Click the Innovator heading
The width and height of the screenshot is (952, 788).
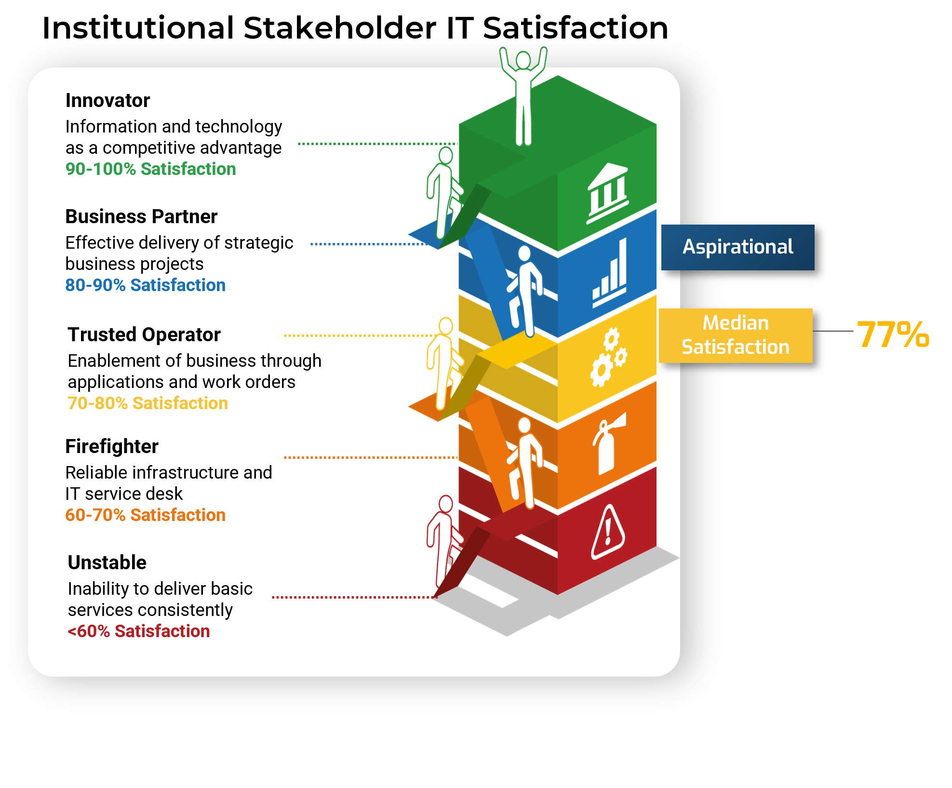point(107,101)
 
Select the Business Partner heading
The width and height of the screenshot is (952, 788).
point(141,217)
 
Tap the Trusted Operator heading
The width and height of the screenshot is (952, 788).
point(144,334)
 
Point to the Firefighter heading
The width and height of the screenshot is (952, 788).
point(112,446)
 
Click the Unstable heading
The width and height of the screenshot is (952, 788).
point(107,562)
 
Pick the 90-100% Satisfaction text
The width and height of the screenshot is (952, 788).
point(150,169)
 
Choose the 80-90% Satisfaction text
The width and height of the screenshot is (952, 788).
point(145,285)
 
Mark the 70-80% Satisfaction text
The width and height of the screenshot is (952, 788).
point(147,403)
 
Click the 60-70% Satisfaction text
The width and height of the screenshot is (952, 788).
point(145,515)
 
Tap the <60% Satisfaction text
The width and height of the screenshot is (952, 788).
point(139,631)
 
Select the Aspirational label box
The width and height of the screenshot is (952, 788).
point(737,247)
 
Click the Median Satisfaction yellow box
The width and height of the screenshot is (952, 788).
point(735,335)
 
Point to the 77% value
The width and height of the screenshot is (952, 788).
point(893,334)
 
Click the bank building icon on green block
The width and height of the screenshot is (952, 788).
point(608,193)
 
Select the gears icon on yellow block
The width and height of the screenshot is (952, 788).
point(608,357)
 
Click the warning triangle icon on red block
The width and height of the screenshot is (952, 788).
point(608,533)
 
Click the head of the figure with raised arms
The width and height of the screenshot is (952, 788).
point(523,60)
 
